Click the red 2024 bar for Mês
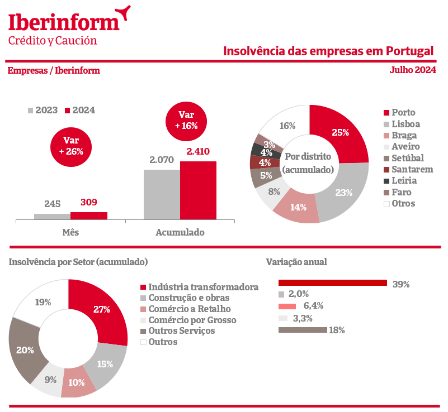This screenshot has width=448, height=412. (x=89, y=216)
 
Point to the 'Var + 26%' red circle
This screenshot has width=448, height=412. (x=71, y=146)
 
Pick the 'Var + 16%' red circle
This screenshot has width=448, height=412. (x=186, y=121)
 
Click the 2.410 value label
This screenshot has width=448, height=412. (x=197, y=152)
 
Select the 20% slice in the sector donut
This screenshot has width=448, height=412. (x=25, y=350)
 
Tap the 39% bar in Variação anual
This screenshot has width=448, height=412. (x=332, y=283)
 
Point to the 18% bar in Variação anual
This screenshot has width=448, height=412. (x=302, y=330)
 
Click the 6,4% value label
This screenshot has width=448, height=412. (x=313, y=305)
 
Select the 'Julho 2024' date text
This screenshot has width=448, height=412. (x=413, y=70)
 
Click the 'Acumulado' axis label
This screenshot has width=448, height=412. (x=180, y=232)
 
